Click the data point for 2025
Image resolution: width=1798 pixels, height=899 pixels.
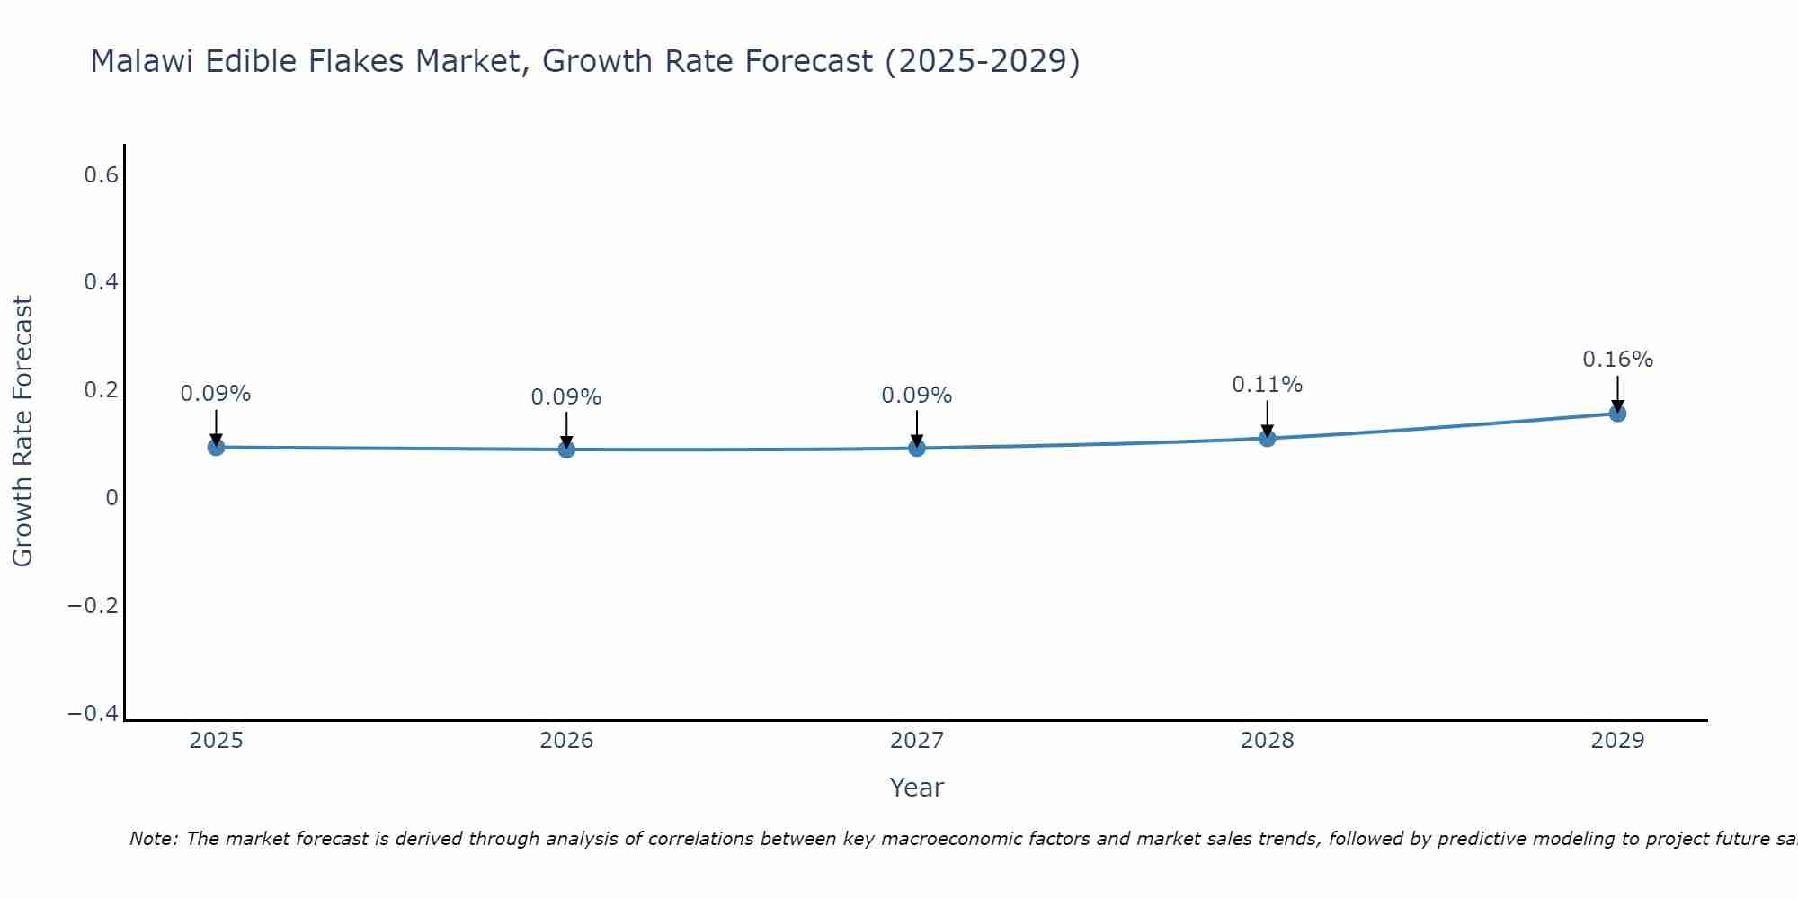(x=216, y=447)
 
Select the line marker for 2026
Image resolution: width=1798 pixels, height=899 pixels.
(x=566, y=449)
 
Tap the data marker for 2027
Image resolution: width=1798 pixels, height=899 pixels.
(x=917, y=448)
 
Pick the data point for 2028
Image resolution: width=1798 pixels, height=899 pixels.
(x=1267, y=438)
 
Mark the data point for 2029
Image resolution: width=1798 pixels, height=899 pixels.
(x=1617, y=414)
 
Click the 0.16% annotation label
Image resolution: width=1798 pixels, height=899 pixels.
(x=1617, y=360)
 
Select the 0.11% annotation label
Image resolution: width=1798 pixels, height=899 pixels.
(x=1267, y=385)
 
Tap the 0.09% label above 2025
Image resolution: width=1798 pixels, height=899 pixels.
(x=216, y=394)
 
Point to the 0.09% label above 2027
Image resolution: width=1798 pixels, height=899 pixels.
(x=917, y=396)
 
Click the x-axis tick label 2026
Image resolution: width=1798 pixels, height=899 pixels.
(x=566, y=741)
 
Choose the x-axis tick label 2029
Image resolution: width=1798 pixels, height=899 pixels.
(x=1617, y=741)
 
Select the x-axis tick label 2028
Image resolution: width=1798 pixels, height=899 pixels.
(x=1267, y=741)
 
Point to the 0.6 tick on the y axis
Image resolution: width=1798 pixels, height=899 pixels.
(x=101, y=175)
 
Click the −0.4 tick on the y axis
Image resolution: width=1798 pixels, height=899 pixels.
(x=93, y=713)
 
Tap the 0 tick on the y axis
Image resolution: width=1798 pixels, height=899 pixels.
(x=111, y=498)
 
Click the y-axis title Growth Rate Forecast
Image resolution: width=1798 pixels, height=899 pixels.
(x=22, y=431)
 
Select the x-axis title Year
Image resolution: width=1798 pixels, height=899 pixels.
(x=916, y=788)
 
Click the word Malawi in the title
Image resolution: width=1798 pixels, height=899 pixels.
(x=142, y=62)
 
